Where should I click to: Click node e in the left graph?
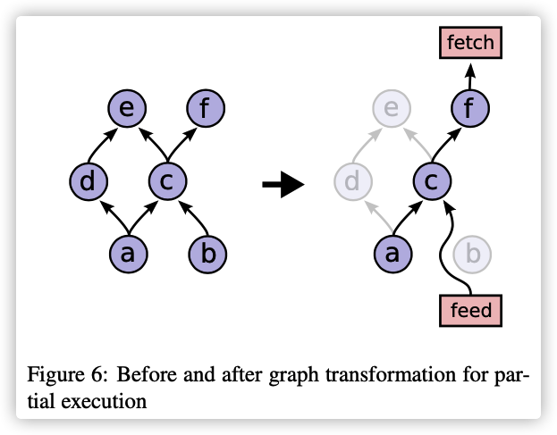[x=127, y=110]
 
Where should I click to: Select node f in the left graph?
[x=206, y=110]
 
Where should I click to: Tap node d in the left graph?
[x=88, y=182]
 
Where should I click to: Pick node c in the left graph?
[x=166, y=182]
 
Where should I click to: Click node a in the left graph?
[x=127, y=254]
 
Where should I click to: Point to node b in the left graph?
[x=207, y=254]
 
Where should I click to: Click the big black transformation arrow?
[x=283, y=185]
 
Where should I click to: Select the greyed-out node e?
[x=391, y=110]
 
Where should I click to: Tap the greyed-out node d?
[x=352, y=182]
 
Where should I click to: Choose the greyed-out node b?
[x=472, y=254]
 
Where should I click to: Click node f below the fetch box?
[x=470, y=110]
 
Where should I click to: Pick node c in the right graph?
[x=431, y=182]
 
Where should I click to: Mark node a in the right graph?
[x=391, y=254]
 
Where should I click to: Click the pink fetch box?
[x=470, y=41]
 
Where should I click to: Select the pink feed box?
[x=471, y=312]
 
